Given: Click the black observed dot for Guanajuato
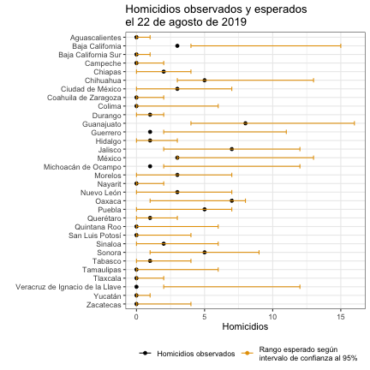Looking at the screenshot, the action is tap(246, 123).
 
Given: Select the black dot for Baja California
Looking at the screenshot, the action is tap(177, 46).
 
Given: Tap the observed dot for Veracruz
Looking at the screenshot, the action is tap(136, 287).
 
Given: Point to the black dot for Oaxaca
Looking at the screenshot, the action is tap(232, 200).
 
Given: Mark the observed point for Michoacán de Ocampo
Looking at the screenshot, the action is tap(150, 166).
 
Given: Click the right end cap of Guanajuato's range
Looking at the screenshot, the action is tap(355, 123).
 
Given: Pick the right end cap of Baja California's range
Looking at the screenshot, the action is tap(341, 46).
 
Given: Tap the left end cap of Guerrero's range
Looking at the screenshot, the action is tap(164, 132).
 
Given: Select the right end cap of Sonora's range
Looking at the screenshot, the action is tap(259, 253).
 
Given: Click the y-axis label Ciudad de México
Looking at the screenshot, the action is tap(91, 89).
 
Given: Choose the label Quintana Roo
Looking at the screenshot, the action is tap(98, 227).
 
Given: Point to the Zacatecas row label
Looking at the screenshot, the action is tap(104, 305).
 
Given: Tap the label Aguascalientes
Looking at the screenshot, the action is tap(96, 38).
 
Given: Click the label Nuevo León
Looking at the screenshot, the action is tap(101, 193).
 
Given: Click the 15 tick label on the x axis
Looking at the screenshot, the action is tap(341, 317).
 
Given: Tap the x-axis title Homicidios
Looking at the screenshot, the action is tap(245, 326).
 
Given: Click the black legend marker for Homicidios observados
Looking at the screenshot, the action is tap(145, 354).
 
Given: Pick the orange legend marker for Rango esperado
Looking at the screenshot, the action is tap(248, 354).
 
